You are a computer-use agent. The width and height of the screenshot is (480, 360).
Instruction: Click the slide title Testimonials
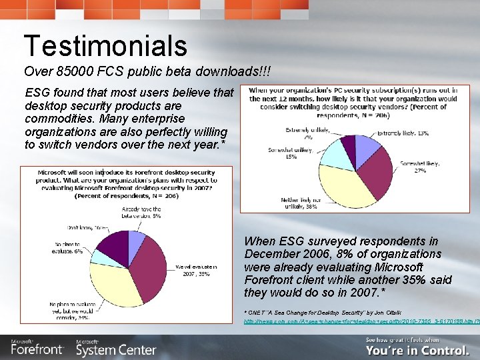click(105, 45)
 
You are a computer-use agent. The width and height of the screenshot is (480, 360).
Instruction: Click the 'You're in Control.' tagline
click(417, 350)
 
